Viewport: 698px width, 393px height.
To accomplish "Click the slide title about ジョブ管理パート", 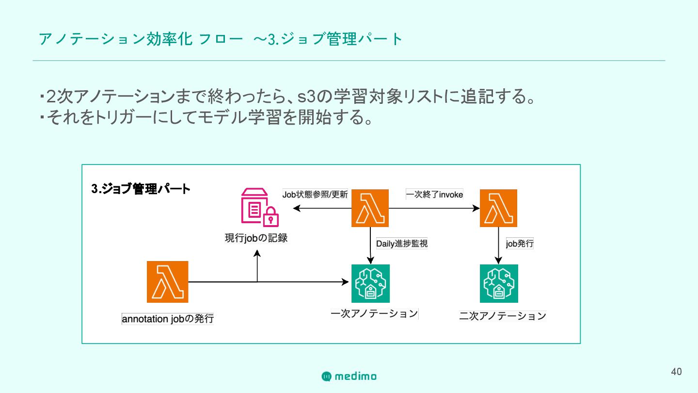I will [221, 39].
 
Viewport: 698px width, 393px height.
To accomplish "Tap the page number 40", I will [676, 372].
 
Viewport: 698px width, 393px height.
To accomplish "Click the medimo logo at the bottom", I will [349, 376].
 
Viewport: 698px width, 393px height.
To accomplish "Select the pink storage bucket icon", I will [260, 208].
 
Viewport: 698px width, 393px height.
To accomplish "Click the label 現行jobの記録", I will [256, 238].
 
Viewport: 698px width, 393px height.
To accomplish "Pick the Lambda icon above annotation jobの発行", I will [167, 282].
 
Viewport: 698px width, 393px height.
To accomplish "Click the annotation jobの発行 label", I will [167, 319].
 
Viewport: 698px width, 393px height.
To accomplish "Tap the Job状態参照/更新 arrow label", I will [315, 195].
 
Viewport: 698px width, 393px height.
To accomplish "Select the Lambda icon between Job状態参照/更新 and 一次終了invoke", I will [370, 208].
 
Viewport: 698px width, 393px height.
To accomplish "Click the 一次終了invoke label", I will [434, 195].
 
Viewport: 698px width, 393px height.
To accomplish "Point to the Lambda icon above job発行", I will [498, 208].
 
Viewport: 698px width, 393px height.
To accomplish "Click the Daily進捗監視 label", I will [402, 244].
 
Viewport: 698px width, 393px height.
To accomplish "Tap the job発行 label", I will [520, 244].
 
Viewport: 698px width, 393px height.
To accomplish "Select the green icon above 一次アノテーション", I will [370, 283].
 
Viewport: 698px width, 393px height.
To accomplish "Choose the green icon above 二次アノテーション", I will [499, 283].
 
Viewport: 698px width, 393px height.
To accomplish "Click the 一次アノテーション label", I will [374, 313].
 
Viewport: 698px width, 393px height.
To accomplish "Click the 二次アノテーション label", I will [503, 316].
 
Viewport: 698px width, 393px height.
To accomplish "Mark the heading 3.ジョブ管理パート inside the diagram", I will [141, 189].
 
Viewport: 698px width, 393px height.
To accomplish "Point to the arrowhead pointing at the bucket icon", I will [296, 209].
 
